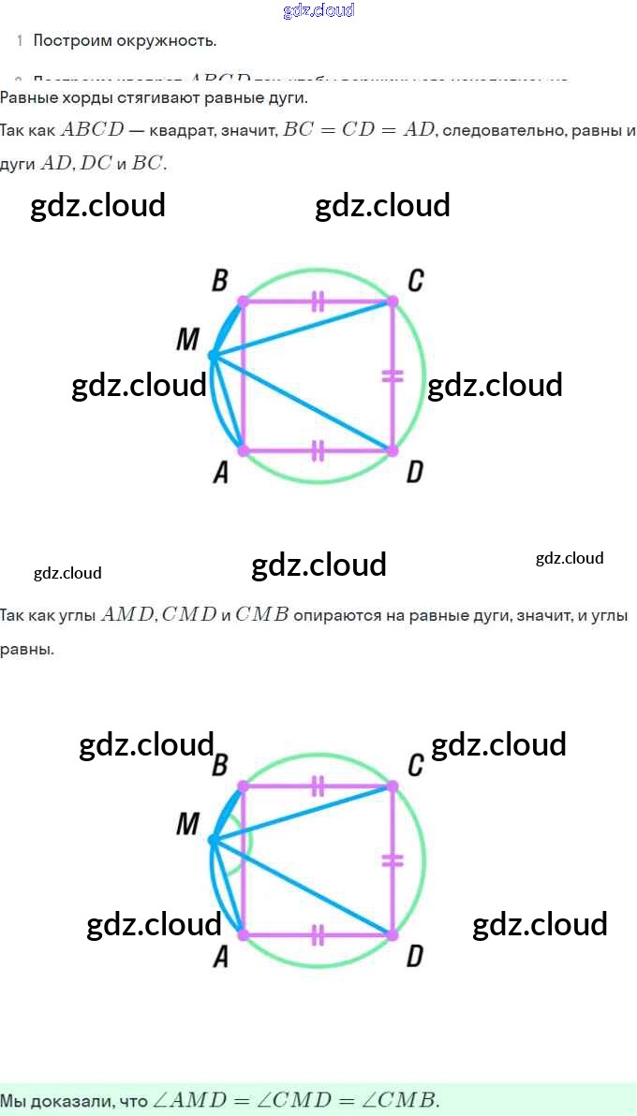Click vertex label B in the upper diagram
220,280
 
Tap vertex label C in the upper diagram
415,280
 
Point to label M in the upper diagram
187,340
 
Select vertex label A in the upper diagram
221,474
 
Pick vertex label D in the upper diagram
414,474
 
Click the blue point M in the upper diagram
214,356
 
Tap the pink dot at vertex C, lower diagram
392,786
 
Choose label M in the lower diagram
187,824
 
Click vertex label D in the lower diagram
414,957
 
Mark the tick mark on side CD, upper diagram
393,375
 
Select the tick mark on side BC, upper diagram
318,301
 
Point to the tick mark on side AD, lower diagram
318,934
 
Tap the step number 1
19,40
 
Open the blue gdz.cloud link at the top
318,10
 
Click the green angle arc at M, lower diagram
249,841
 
